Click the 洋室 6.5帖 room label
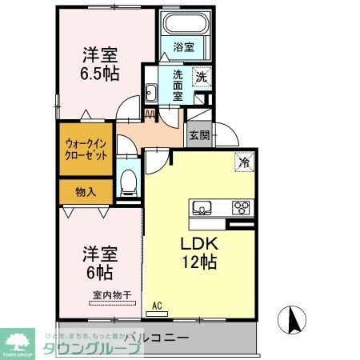pyautogui.click(x=102, y=64)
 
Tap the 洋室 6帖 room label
pyautogui.click(x=101, y=263)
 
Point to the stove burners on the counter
pyautogui.click(x=241, y=209)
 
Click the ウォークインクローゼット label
pyautogui.click(x=86, y=151)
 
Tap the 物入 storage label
pyautogui.click(x=86, y=192)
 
